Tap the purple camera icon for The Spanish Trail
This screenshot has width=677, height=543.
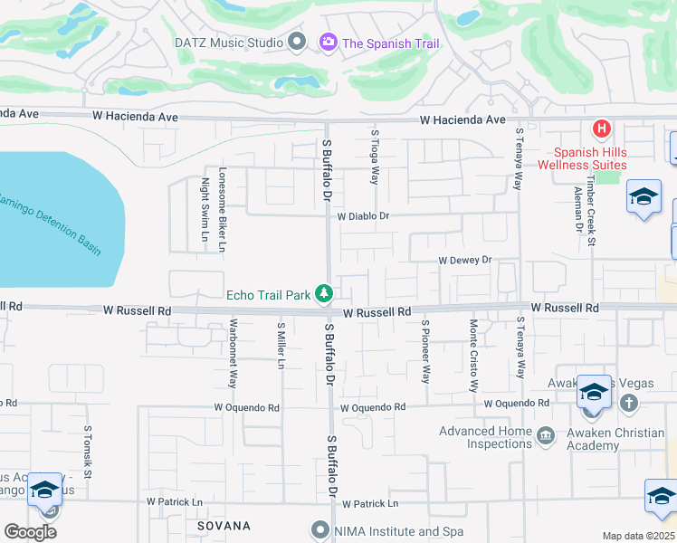[328, 42]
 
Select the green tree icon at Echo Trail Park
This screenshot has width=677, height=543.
[324, 293]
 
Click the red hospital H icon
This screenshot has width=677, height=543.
[598, 129]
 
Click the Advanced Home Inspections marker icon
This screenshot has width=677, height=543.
[545, 437]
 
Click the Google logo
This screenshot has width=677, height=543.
[30, 531]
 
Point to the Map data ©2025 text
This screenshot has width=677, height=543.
[638, 536]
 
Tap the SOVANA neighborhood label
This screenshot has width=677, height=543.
[224, 525]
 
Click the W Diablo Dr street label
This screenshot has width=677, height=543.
[363, 216]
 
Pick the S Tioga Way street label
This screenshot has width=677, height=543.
[375, 156]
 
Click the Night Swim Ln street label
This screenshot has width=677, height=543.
[205, 210]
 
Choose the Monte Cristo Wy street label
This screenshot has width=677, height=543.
[472, 354]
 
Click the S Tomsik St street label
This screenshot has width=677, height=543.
[88, 452]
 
